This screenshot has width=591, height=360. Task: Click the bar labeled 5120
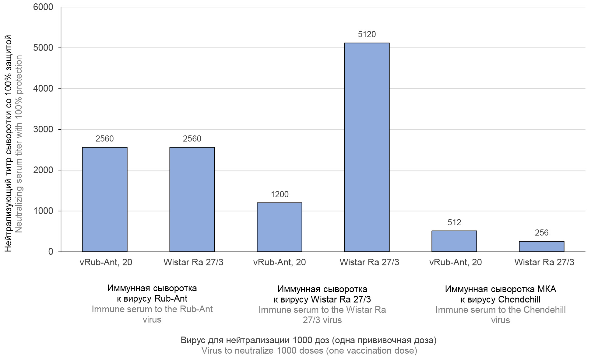click(367, 147)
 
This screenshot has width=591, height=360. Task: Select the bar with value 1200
click(279, 227)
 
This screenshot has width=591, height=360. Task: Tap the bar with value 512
click(454, 241)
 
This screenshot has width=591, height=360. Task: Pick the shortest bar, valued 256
click(541, 246)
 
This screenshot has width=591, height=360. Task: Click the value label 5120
click(367, 34)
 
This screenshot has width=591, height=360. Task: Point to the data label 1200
click(279, 194)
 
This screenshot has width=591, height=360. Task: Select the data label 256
click(541, 233)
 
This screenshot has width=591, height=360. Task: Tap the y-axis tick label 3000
click(43, 129)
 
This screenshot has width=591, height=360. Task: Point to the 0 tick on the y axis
click(50, 252)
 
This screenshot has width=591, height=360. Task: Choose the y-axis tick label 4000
click(43, 89)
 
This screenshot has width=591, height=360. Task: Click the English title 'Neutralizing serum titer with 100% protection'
click(19, 144)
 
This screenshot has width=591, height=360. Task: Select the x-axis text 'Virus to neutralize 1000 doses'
click(309, 351)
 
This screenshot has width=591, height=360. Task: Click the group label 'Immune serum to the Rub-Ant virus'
click(152, 314)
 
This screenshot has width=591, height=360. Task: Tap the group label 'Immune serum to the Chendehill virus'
click(500, 315)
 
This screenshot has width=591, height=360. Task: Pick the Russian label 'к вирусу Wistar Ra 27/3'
click(322, 299)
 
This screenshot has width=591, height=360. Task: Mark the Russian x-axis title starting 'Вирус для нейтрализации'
click(308, 340)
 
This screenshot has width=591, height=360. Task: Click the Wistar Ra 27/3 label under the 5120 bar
click(369, 262)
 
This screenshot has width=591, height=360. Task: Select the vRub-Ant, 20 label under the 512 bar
click(456, 262)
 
